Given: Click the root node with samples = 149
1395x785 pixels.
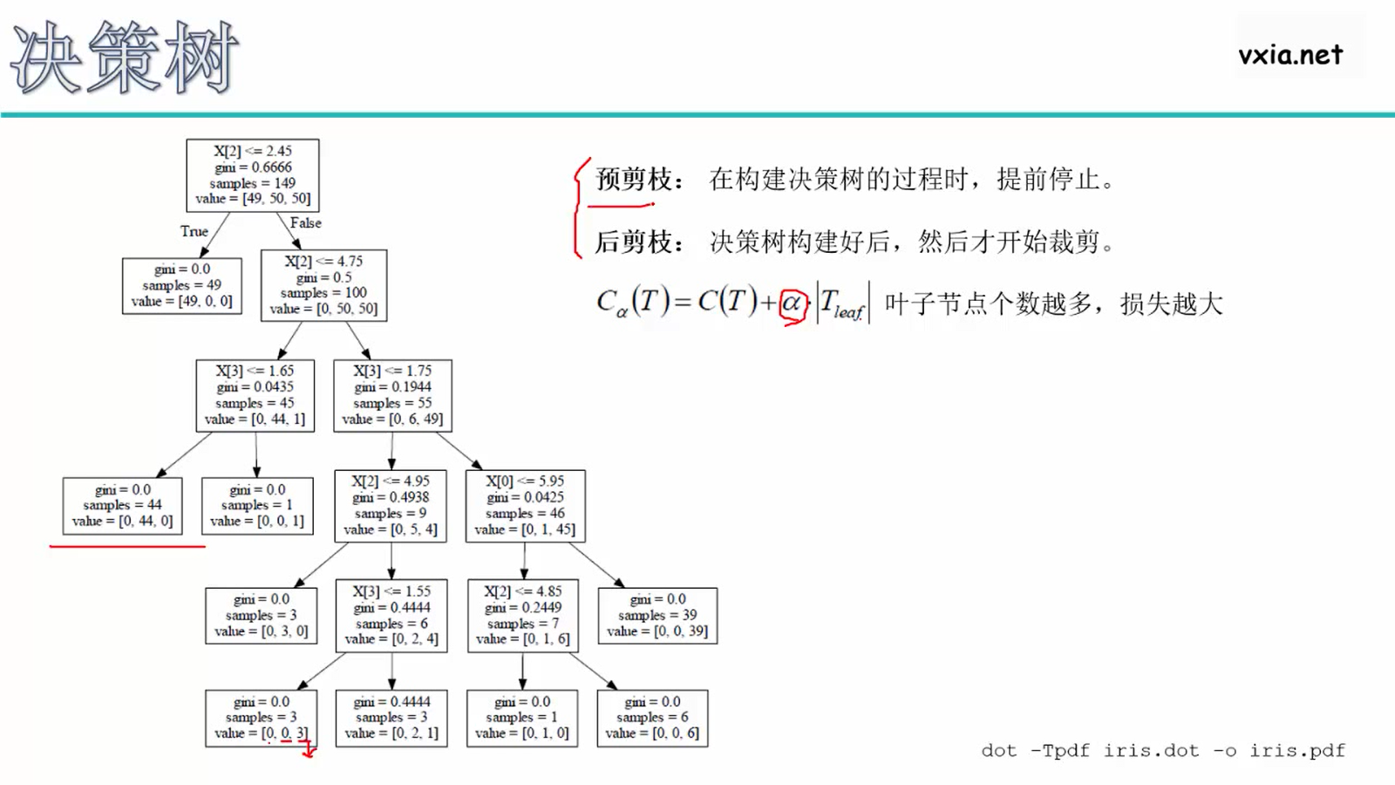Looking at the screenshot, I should point(253,174).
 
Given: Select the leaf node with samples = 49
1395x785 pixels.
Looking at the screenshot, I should point(182,285).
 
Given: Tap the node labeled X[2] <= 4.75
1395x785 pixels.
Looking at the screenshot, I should point(323,285).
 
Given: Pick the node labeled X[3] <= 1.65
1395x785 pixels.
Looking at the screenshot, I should point(255,395).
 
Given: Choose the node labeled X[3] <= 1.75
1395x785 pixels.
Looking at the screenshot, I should point(392,395).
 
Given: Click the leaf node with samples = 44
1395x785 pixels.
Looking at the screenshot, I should point(123,505).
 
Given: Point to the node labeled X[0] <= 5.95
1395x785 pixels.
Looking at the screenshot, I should point(525,505).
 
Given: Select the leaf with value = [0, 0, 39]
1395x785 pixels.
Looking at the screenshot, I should point(657,615).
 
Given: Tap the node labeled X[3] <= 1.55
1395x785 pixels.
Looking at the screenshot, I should point(391,615).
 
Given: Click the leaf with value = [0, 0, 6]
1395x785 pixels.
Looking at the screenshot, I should point(652,718).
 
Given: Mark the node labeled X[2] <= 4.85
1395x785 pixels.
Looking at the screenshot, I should point(523,615).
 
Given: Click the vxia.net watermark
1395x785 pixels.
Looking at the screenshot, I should point(1290,55).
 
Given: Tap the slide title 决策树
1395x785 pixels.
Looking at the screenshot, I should point(124,58).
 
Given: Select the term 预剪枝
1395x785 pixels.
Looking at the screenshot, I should point(634,180).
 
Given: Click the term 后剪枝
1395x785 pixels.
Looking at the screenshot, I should point(634,242).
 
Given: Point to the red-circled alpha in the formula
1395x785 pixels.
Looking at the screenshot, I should point(792,304).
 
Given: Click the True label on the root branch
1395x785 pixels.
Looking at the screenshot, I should point(194,231).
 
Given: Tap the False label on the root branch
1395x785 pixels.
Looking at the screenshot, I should point(305,223).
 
